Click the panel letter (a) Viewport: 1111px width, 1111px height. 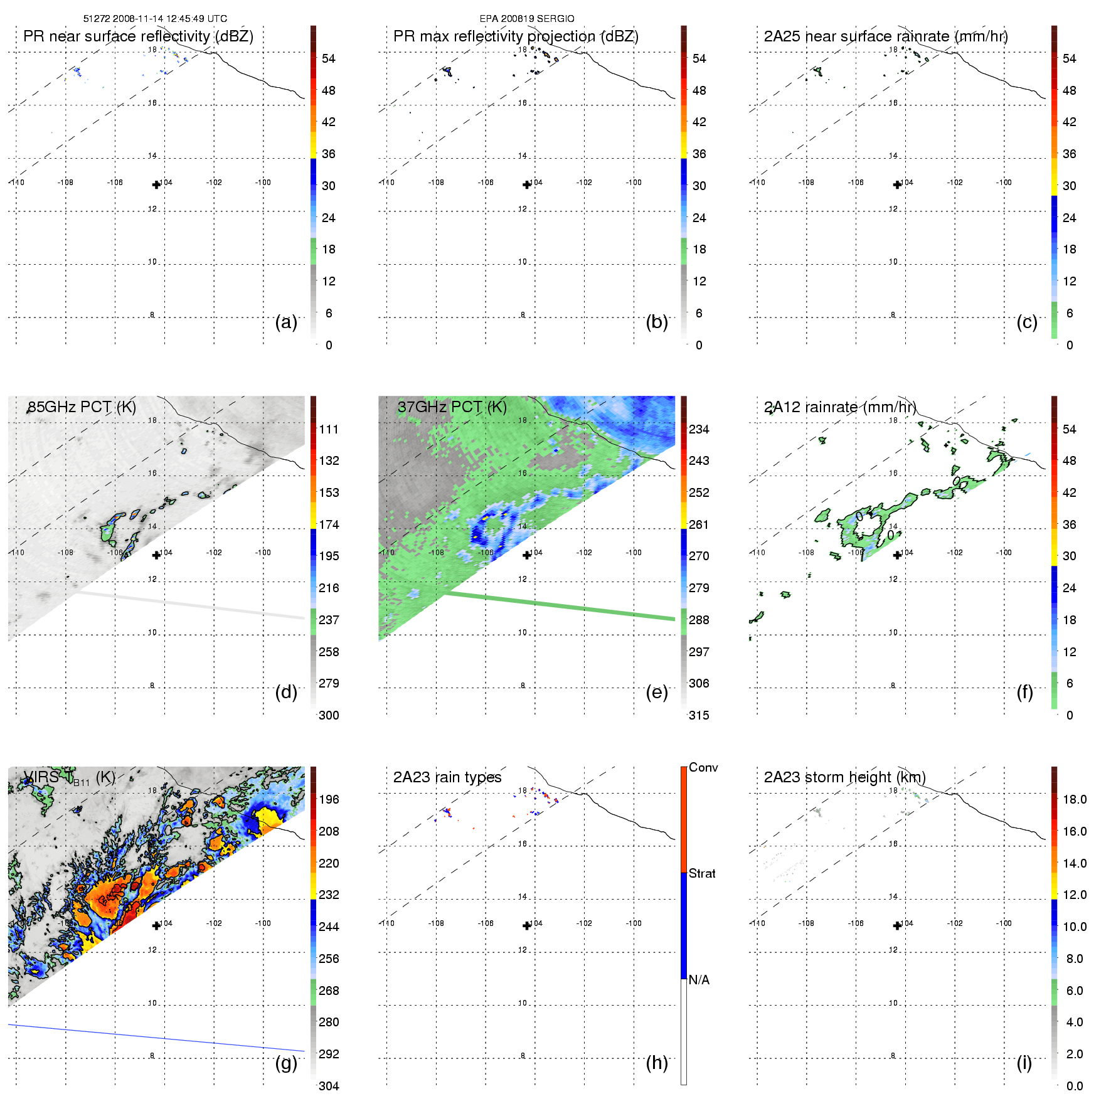[x=285, y=322]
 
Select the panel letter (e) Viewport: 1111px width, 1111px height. [x=656, y=693]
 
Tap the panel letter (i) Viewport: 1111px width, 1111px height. [x=1024, y=1063]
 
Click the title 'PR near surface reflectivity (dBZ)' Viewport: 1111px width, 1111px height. [x=138, y=36]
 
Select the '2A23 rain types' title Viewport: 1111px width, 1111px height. [x=447, y=777]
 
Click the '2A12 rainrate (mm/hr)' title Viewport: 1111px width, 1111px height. [x=840, y=407]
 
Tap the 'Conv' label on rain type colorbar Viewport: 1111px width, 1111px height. [x=703, y=767]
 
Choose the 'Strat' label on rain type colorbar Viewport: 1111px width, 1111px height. [x=702, y=873]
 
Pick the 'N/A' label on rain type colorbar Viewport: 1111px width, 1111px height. [x=699, y=980]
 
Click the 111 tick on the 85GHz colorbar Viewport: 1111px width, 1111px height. [x=329, y=429]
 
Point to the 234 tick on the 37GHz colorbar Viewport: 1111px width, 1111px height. [x=699, y=429]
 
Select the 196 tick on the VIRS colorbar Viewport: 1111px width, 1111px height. [x=329, y=799]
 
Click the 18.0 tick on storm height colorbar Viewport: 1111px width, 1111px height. [x=1074, y=799]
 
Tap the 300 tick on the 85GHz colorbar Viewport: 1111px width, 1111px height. [x=329, y=715]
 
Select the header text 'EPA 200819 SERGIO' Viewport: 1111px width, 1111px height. [x=527, y=19]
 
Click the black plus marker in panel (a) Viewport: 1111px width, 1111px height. [x=156, y=184]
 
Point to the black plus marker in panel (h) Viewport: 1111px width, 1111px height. [x=527, y=926]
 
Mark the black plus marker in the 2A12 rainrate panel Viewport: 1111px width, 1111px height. [x=897, y=555]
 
